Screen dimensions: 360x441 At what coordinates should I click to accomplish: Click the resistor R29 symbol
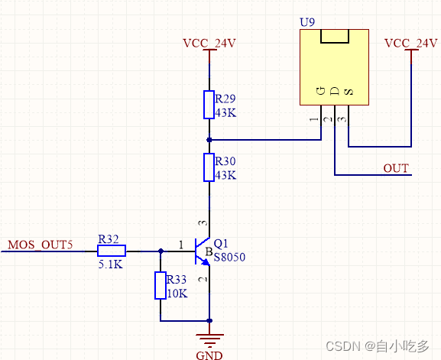click(x=209, y=105)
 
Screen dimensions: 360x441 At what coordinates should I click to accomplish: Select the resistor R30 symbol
click(x=209, y=167)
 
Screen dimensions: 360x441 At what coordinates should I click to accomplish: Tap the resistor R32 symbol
click(x=112, y=250)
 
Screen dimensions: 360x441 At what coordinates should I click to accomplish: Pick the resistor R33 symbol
click(x=161, y=285)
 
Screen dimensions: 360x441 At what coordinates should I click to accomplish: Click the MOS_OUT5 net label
click(x=40, y=245)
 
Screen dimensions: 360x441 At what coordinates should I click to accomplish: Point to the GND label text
click(x=209, y=355)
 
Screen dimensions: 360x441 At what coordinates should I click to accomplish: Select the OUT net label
click(x=396, y=168)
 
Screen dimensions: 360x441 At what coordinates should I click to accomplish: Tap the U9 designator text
click(x=307, y=22)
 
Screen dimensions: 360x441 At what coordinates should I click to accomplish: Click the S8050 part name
click(x=229, y=258)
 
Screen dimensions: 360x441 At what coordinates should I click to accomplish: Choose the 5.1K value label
click(x=112, y=265)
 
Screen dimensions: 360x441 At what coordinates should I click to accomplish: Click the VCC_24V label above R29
click(x=209, y=43)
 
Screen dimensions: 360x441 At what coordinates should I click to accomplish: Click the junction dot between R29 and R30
click(x=209, y=140)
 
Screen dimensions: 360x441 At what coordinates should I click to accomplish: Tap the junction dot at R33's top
click(x=161, y=250)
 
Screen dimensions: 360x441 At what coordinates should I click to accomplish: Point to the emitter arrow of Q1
click(x=206, y=261)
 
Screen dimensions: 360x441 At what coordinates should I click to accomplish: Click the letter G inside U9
click(x=321, y=92)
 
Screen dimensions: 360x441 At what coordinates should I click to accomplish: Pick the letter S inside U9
click(x=349, y=92)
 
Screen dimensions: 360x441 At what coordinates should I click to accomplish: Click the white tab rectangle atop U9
click(x=335, y=37)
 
